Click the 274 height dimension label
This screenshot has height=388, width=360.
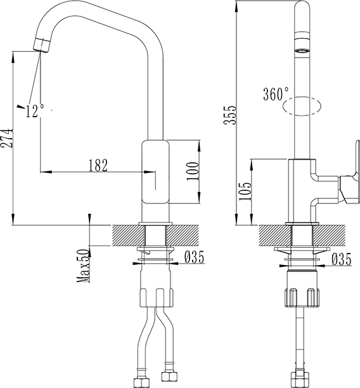tap(6, 138)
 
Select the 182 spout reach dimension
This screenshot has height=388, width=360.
tap(98, 165)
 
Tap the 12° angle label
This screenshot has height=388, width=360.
tap(35, 110)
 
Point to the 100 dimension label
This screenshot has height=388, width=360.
tap(193, 171)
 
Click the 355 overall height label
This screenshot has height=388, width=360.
tap(230, 115)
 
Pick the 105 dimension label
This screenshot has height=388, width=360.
tap(245, 191)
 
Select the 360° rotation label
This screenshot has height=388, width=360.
tap(276, 94)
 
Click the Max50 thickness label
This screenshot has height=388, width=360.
tap(83, 266)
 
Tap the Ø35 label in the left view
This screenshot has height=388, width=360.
tap(195, 257)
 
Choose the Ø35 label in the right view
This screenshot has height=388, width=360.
tap(342, 259)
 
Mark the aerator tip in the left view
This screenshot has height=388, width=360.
tap(42, 45)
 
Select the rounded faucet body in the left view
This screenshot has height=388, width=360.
tap(155, 172)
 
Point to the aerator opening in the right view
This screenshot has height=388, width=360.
tap(302, 51)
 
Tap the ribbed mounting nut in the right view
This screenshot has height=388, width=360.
tap(302, 298)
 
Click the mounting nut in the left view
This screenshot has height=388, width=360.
tap(157, 297)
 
